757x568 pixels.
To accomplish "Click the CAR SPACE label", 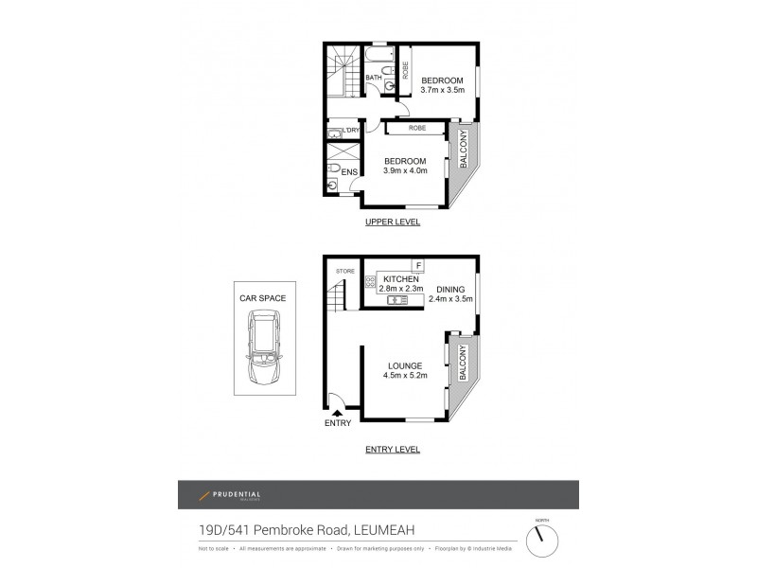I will tap(262, 297).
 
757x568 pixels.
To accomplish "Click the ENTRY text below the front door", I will tap(337, 422).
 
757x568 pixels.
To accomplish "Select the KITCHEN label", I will tap(401, 278).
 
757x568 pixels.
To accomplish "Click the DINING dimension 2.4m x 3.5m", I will tap(449, 299).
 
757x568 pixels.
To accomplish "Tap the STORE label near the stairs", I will tap(344, 272).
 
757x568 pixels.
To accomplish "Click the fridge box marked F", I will tap(418, 265).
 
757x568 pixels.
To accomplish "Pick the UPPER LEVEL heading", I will tap(393, 222).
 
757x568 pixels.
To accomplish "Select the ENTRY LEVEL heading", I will tap(393, 450).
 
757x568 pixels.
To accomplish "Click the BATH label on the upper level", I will tap(374, 78).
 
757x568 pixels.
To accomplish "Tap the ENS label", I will tap(349, 171).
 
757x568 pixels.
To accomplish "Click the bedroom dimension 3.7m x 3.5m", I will tap(442, 90).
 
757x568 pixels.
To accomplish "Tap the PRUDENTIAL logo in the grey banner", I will tap(230, 495).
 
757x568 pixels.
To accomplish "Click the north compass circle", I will tap(541, 540).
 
